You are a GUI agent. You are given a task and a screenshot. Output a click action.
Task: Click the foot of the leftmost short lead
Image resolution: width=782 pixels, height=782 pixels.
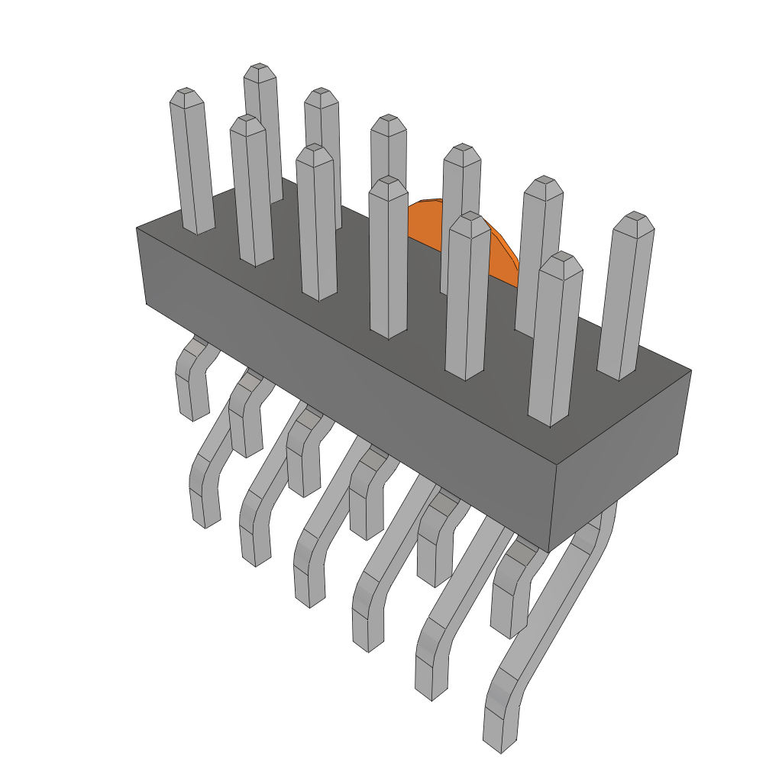click(194, 409)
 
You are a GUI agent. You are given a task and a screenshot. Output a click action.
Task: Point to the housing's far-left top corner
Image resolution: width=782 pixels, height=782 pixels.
click(137, 228)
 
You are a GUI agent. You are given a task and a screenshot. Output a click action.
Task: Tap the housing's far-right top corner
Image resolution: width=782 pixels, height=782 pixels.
click(691, 371)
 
